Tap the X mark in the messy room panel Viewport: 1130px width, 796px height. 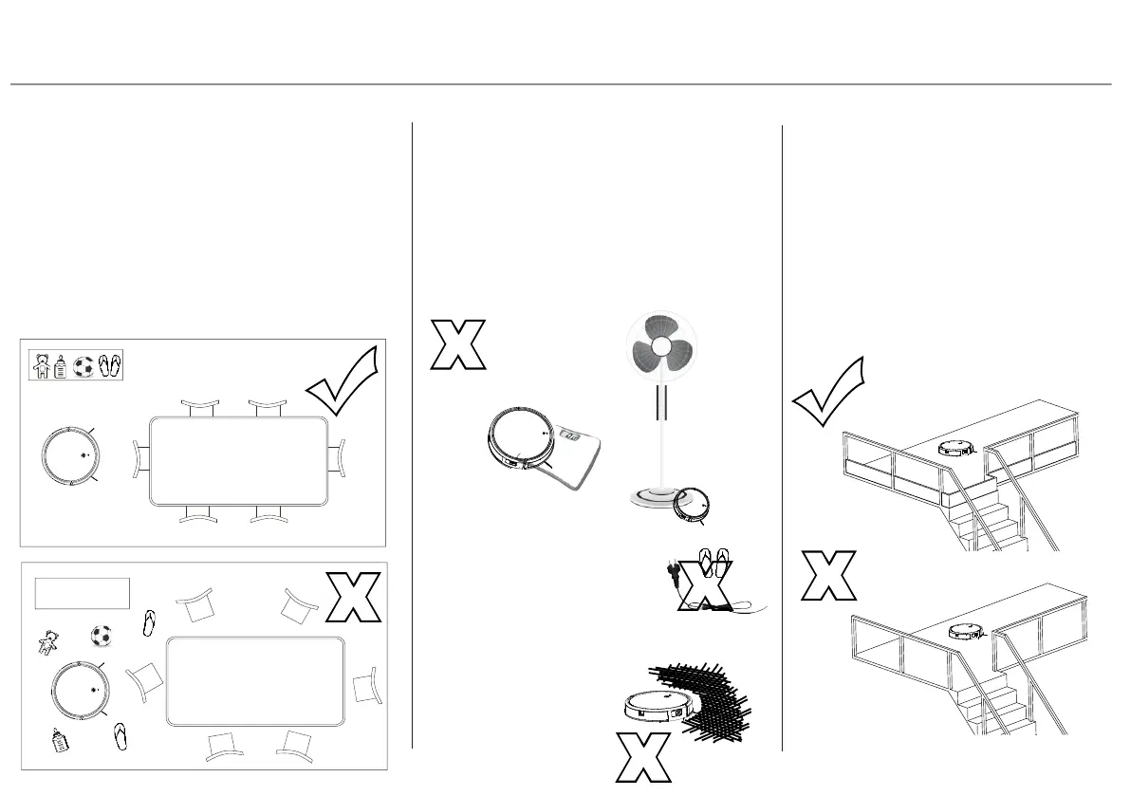click(353, 597)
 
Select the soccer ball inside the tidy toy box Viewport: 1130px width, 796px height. click(83, 366)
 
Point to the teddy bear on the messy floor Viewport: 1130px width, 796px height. click(46, 644)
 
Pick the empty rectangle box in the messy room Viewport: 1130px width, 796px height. click(82, 592)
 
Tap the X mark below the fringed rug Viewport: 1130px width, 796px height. click(641, 759)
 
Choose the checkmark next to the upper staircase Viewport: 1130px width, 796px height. click(828, 391)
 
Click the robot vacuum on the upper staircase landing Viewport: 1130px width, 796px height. click(957, 447)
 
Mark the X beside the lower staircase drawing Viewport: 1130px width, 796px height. click(828, 575)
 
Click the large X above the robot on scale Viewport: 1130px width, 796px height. click(458, 343)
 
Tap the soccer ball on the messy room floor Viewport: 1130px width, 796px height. click(102, 635)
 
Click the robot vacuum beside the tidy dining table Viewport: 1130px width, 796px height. click(72, 456)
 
